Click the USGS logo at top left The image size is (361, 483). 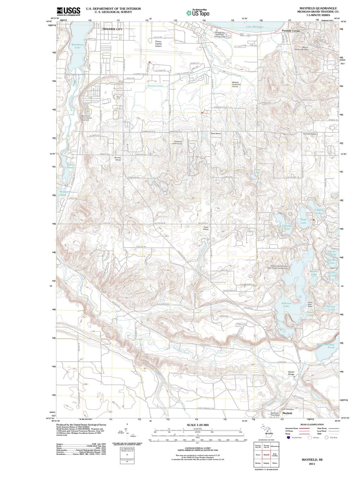pos(68,11)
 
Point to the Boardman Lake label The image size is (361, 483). pos(78,46)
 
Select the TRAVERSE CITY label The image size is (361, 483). pos(112,29)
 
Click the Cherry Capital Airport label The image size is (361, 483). pos(158,44)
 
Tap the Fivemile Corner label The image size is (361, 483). pos(291,31)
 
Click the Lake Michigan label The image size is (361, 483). pos(255,27)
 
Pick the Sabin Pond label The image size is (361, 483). pos(70,166)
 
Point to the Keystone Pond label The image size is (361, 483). pos(65,193)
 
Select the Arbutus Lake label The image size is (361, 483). pos(286,305)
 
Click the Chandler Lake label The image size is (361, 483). pos(287,227)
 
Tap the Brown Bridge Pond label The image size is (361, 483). pos(326,346)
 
